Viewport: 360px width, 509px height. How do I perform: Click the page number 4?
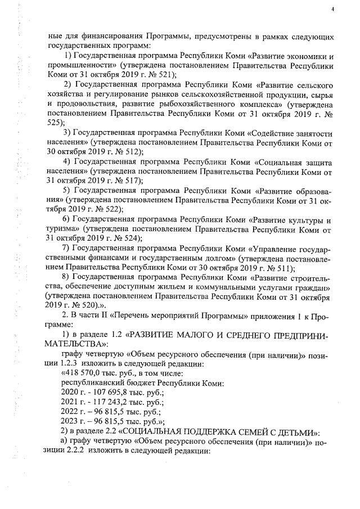coord(332,10)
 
